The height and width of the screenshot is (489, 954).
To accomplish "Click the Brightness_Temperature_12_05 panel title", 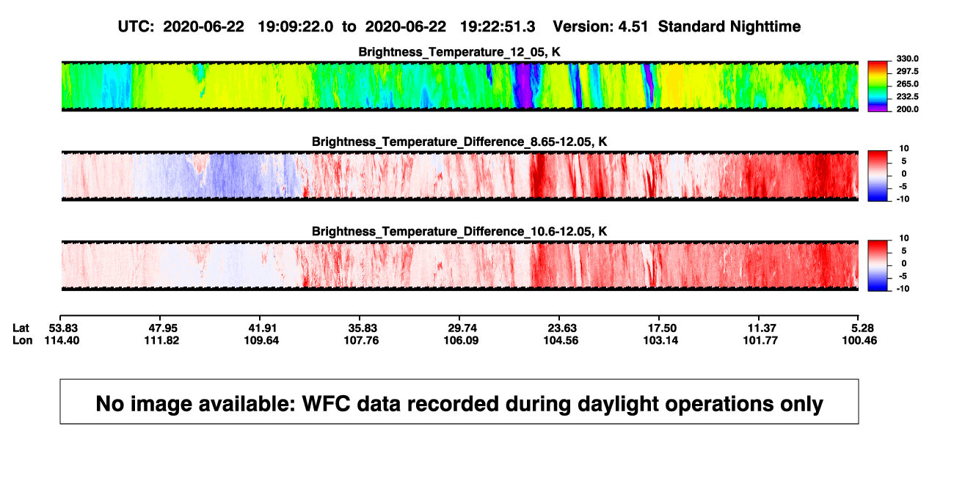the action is click(x=459, y=52).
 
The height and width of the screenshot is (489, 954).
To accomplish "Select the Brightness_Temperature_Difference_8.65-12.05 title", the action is click(x=459, y=141).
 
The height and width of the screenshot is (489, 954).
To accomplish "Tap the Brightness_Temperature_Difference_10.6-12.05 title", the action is click(x=459, y=232).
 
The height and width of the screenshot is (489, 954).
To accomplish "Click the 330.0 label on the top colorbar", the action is click(x=907, y=59).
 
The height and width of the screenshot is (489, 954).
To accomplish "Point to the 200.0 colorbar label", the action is click(x=907, y=109).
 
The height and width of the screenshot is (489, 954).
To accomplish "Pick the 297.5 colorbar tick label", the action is click(x=907, y=72).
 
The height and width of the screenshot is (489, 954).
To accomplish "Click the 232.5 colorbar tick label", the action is click(x=907, y=97).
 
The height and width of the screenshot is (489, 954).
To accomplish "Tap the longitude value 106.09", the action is click(x=461, y=340).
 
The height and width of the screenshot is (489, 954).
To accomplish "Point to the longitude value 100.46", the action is click(x=859, y=340).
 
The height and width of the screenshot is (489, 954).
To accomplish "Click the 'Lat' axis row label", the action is click(x=21, y=328).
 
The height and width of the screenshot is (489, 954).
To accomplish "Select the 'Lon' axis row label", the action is click(x=23, y=340).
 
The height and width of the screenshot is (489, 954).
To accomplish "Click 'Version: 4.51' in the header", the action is click(x=600, y=26).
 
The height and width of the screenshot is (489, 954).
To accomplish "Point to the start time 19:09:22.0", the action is click(x=296, y=26).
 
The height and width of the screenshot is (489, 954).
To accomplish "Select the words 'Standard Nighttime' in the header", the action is click(x=729, y=26).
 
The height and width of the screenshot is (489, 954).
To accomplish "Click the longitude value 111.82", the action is click(x=161, y=340).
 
